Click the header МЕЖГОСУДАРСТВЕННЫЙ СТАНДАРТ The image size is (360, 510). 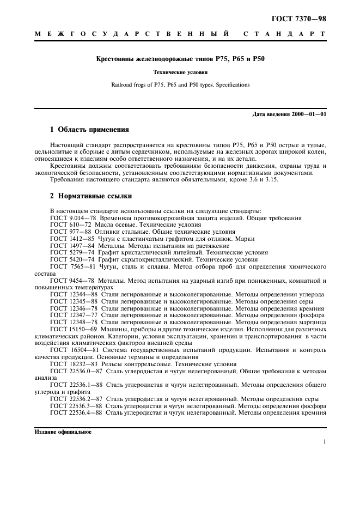(180, 34)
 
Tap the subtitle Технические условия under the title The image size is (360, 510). (180, 72)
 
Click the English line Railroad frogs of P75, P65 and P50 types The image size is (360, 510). (180, 85)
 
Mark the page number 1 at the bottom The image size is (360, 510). (325, 442)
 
